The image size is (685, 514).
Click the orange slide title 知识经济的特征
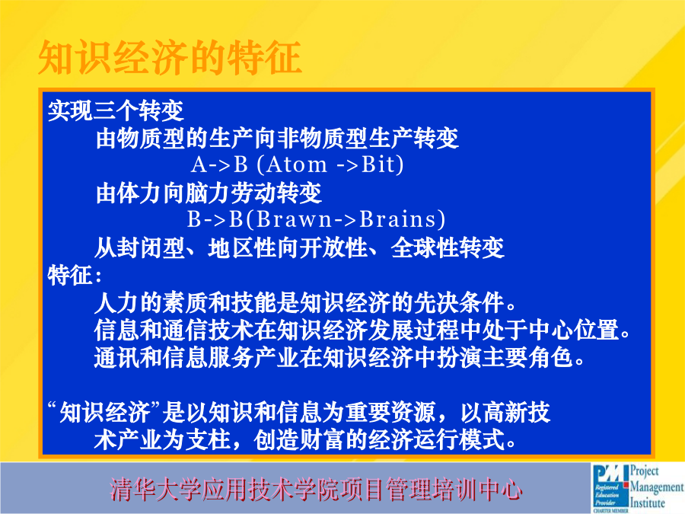coord(170,57)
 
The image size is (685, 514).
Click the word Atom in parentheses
coord(296,164)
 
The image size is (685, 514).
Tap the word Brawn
coord(294,219)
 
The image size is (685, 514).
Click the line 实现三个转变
coord(116,110)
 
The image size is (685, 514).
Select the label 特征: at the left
coord(75,276)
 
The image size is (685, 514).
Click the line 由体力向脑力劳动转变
coord(209,193)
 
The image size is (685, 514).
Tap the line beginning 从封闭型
coord(299,247)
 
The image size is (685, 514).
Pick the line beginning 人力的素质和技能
coord(305,302)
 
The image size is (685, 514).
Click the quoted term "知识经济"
coord(105,412)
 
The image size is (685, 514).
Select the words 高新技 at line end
coord(505,412)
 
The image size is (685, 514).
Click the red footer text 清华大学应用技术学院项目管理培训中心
coord(316,489)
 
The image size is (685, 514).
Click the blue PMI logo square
coord(610,487)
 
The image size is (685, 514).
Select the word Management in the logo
coord(657,487)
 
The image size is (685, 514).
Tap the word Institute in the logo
coord(648,503)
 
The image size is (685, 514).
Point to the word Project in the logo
coord(645,471)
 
